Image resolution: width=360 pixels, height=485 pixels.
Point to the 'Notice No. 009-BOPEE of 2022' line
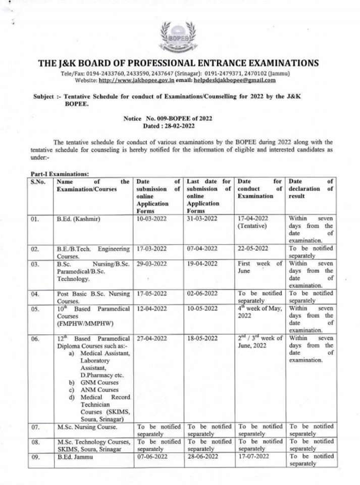click(x=168, y=118)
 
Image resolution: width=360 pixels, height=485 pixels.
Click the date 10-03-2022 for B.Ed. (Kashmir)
click(x=151, y=219)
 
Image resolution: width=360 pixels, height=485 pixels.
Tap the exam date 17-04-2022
click(x=252, y=219)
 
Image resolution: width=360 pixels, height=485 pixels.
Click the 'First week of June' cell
click(x=260, y=267)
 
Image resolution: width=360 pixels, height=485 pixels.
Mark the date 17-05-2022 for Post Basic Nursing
click(x=151, y=294)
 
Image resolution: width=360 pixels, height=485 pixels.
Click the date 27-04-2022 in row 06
click(x=151, y=338)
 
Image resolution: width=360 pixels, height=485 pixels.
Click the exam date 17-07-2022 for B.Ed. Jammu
click(x=252, y=457)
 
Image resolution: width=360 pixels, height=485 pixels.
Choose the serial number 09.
click(x=35, y=457)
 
